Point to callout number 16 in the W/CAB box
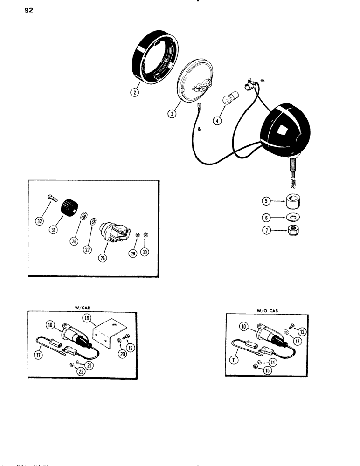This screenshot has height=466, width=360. click(49, 324)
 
